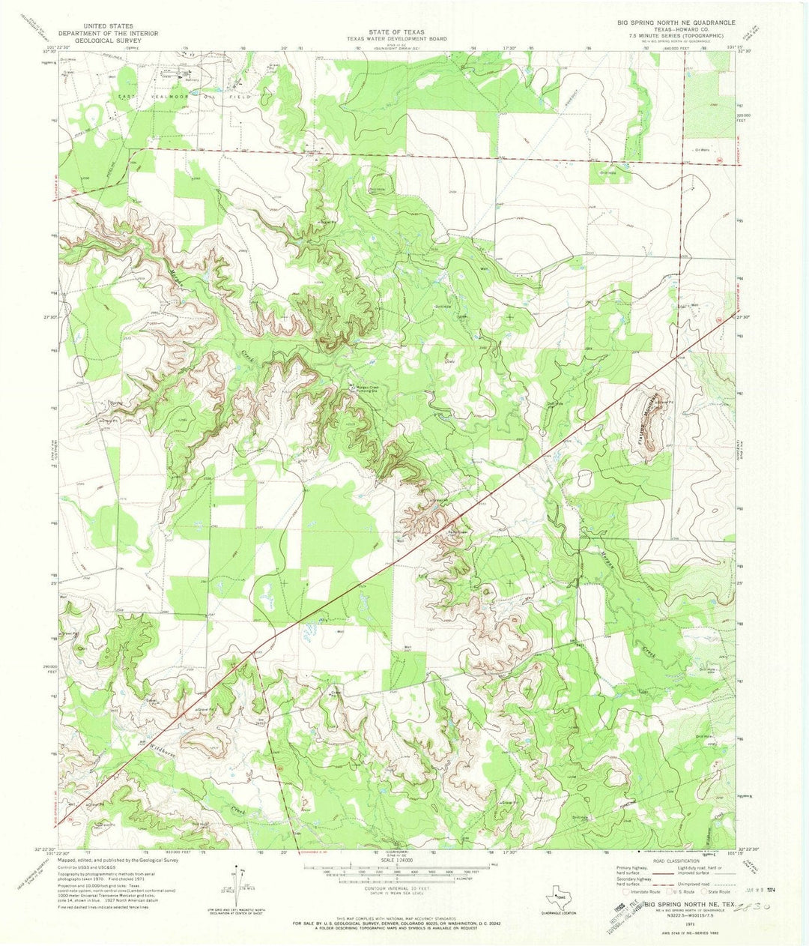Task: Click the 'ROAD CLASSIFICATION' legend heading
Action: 676,862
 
